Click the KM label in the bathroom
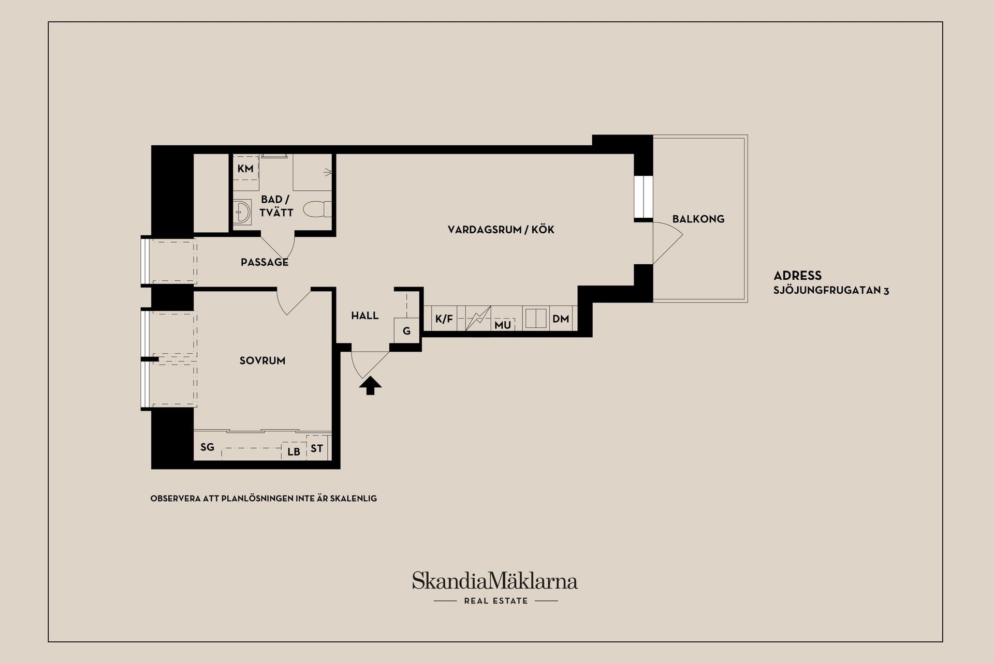coord(245,169)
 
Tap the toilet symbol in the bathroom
coord(316,209)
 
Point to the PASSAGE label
coord(265,262)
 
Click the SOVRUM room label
coord(262,360)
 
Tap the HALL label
coord(365,315)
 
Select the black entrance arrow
coord(370,385)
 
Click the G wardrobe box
coord(406,330)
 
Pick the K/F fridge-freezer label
coord(444,319)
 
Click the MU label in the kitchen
coord(503,324)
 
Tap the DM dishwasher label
coord(561,319)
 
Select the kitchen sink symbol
coord(536,319)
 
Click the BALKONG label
coord(698,219)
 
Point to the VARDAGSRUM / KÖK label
coord(501,230)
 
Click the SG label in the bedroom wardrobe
coord(207,447)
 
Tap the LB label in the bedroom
coord(294,451)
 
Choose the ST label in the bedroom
coord(317,448)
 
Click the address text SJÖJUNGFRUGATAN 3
coord(831,291)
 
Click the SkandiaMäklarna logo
coord(495,581)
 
